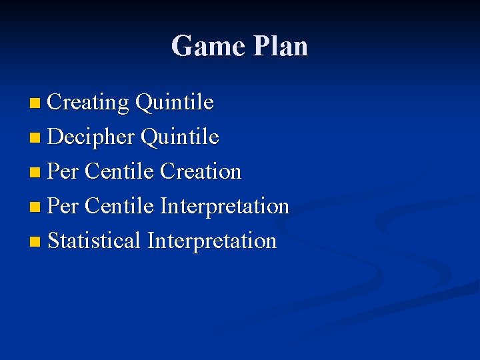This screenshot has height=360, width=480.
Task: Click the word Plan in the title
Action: click(x=281, y=46)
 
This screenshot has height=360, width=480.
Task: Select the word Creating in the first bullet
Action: click(x=89, y=103)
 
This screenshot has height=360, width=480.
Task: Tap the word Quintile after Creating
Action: click(x=174, y=103)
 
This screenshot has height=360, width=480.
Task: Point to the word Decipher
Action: click(x=92, y=137)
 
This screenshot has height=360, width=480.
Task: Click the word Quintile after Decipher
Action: click(x=180, y=137)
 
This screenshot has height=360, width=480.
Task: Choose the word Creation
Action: click(x=201, y=171)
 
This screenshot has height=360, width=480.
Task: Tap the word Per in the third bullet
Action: click(x=63, y=171)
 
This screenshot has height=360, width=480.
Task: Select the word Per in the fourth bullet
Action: click(x=63, y=206)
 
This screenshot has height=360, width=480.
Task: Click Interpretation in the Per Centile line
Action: click(x=225, y=207)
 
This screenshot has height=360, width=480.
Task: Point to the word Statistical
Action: click(x=95, y=240)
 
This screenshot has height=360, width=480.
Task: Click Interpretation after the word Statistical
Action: click(x=212, y=241)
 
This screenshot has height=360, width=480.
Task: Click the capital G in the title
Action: click(x=183, y=46)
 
